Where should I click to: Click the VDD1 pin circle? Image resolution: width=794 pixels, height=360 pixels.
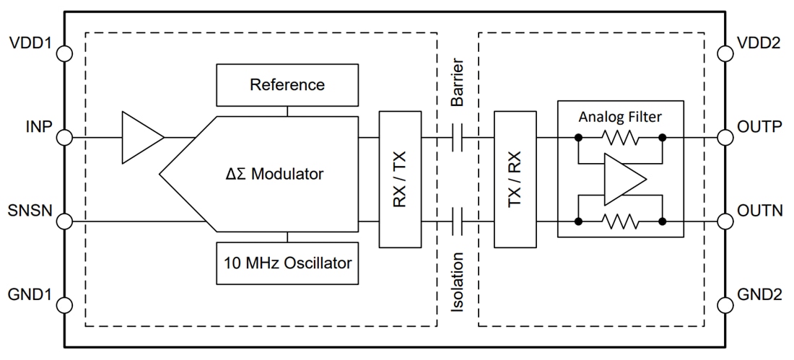pos(65,53)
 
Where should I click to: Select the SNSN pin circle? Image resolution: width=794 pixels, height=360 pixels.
pos(65,221)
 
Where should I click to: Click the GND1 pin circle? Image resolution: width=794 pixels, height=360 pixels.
pos(65,304)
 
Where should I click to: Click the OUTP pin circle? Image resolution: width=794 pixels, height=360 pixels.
pos(728,136)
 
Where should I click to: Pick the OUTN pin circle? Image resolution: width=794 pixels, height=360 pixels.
pos(728,221)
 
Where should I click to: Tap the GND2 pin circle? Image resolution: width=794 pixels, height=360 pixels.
pos(728,304)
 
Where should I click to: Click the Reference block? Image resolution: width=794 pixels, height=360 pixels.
pos(287,84)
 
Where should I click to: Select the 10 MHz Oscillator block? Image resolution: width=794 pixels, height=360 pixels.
pos(287,263)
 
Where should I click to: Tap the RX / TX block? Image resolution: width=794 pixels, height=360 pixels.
pos(399,178)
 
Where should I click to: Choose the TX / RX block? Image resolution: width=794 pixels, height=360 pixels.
pos(515,178)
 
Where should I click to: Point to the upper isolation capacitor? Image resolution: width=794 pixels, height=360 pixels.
pos(456,136)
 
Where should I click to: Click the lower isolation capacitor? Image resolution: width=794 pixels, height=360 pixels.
pos(456,221)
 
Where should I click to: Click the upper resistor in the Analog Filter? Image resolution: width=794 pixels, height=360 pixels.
pos(620,136)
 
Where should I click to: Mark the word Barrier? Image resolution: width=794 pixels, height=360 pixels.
pos(456,84)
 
